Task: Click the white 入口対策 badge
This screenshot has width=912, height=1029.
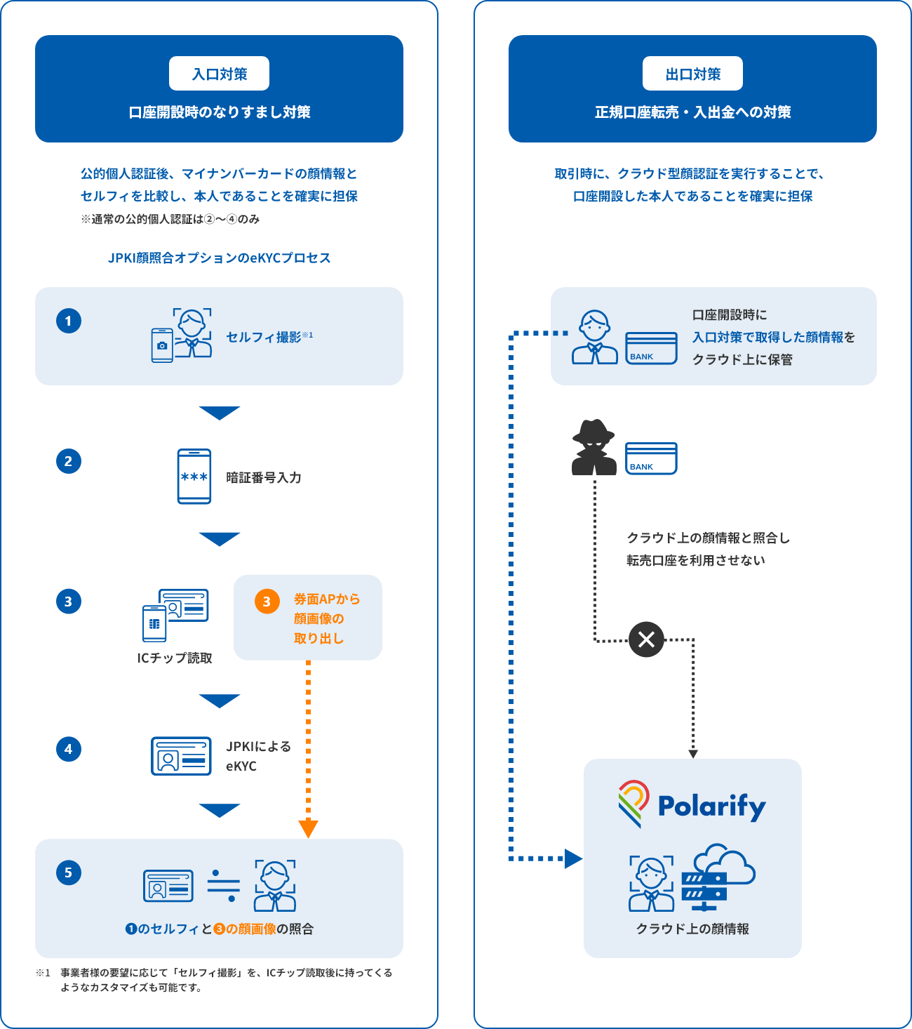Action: coord(219,74)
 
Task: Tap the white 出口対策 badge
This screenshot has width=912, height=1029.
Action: coord(692,74)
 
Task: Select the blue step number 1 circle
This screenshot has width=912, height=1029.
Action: coord(69,321)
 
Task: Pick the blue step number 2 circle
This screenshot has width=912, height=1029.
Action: coord(69,461)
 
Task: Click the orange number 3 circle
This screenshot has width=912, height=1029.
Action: coord(267,602)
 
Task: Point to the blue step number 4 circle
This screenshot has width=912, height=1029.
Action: coord(69,749)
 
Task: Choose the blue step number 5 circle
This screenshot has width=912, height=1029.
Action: coord(69,872)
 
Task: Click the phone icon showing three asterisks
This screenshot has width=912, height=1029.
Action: coord(194,477)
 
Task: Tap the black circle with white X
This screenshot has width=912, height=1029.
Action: coord(646,639)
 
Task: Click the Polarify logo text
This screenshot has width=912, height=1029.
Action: coord(711,806)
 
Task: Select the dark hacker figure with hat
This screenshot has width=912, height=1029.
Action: coord(594,448)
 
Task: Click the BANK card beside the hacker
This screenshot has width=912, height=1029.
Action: coord(651,458)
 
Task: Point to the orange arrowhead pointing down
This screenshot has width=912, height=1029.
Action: coord(308,829)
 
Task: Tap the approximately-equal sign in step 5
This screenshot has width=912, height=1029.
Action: coord(224,886)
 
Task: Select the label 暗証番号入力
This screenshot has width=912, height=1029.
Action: coord(264,477)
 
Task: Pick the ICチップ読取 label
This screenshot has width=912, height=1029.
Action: coord(175,658)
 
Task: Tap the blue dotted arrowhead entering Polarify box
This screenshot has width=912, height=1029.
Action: coord(573,858)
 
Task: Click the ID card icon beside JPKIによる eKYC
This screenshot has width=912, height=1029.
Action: coord(181,756)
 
